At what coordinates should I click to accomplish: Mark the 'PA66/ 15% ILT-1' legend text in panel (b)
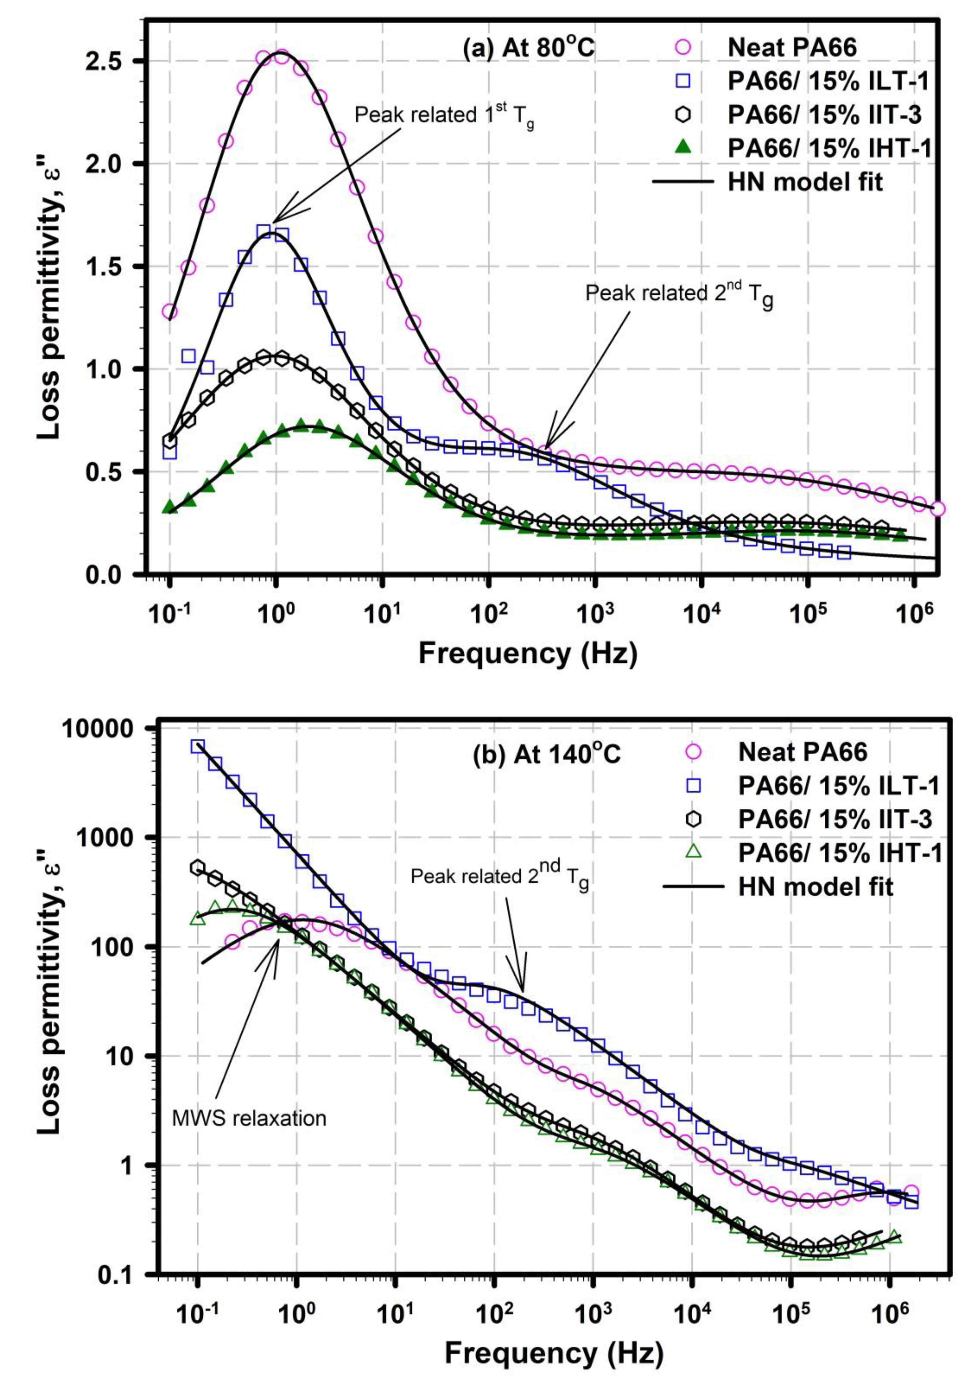838,785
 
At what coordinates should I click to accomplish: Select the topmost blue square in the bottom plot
198,747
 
